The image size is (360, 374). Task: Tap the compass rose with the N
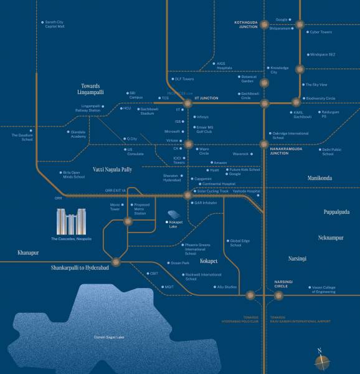322,360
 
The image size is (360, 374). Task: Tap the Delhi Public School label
331,151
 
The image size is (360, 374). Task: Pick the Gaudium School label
22,137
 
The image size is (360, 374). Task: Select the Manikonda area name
320,178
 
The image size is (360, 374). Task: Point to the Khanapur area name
28,253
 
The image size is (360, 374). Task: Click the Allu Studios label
226,286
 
